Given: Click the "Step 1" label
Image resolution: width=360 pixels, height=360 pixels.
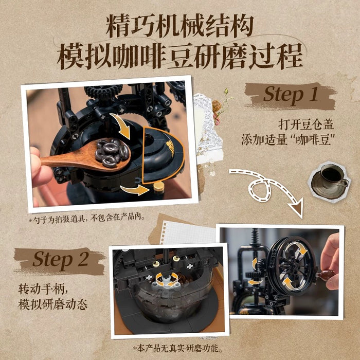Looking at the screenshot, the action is pos(291,95).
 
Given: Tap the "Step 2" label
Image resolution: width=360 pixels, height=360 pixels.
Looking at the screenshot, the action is pos(61,260).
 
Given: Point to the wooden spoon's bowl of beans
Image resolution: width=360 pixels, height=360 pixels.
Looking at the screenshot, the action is pos(113,152).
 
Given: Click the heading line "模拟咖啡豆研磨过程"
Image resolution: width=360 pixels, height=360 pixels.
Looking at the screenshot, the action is pos(180,57).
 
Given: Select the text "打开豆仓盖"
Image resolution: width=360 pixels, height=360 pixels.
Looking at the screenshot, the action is pos(306,124).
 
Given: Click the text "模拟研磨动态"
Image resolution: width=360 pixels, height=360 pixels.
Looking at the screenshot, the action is pos(53,304).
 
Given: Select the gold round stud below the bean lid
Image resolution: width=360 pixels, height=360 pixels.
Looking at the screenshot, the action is pos(159,187).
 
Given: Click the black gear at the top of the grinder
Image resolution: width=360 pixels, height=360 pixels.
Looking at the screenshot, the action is pos(104,91).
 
